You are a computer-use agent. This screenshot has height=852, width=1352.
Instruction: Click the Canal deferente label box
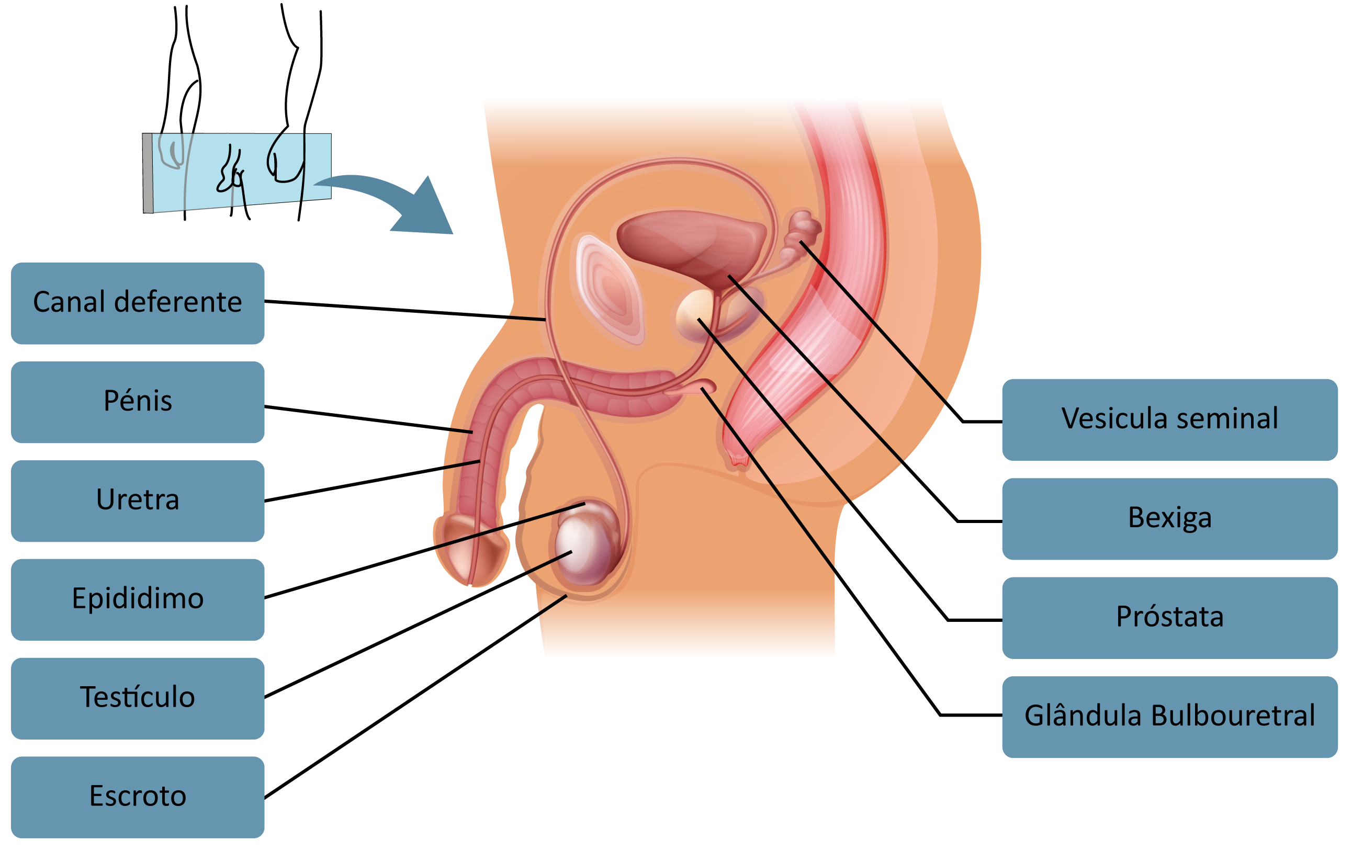click(x=138, y=303)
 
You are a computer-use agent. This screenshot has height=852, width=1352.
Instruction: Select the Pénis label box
click(x=138, y=402)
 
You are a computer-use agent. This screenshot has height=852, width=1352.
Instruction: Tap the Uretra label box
click(x=138, y=501)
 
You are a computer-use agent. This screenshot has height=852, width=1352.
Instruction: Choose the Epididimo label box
click(x=138, y=599)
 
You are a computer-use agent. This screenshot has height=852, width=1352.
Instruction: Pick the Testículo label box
click(x=138, y=698)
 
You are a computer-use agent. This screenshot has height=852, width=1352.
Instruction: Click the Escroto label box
click(x=138, y=797)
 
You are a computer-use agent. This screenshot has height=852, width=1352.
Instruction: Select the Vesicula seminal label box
click(x=1169, y=420)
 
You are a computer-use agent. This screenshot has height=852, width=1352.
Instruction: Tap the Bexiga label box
click(x=1169, y=519)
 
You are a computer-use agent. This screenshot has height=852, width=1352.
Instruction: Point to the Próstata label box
click(x=1169, y=617)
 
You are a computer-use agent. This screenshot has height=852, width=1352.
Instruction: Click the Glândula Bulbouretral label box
click(x=1169, y=717)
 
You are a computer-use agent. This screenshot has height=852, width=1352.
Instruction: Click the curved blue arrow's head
click(x=427, y=210)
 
